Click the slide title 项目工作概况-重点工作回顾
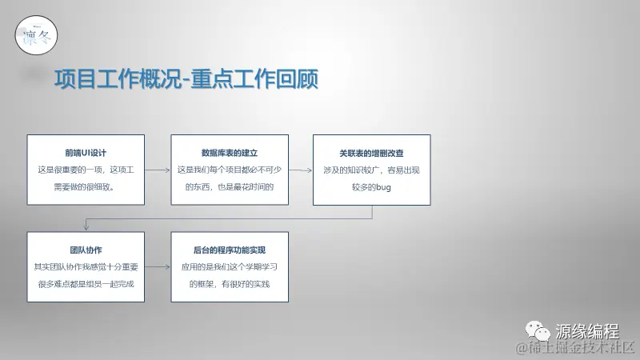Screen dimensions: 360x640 click(187, 80)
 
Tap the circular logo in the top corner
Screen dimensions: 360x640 click(36, 36)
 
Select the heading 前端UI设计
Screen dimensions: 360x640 click(86, 152)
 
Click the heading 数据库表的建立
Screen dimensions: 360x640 click(229, 152)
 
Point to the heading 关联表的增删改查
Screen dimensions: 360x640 click(371, 152)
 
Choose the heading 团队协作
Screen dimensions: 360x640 click(86, 250)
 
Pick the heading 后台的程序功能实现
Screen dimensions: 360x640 click(229, 250)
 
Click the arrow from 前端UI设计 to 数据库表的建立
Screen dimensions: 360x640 click(158, 170)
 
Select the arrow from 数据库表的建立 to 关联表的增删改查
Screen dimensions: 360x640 click(300, 170)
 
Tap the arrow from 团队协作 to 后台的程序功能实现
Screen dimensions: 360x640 click(158, 267)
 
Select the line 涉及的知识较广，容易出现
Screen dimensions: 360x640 click(371, 170)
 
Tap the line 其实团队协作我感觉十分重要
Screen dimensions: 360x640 click(86, 267)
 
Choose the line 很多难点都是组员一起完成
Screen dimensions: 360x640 click(86, 284)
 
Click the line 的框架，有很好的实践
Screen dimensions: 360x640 click(229, 284)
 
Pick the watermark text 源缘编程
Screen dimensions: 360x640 click(587, 331)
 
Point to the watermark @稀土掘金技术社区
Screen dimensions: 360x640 click(576, 349)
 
